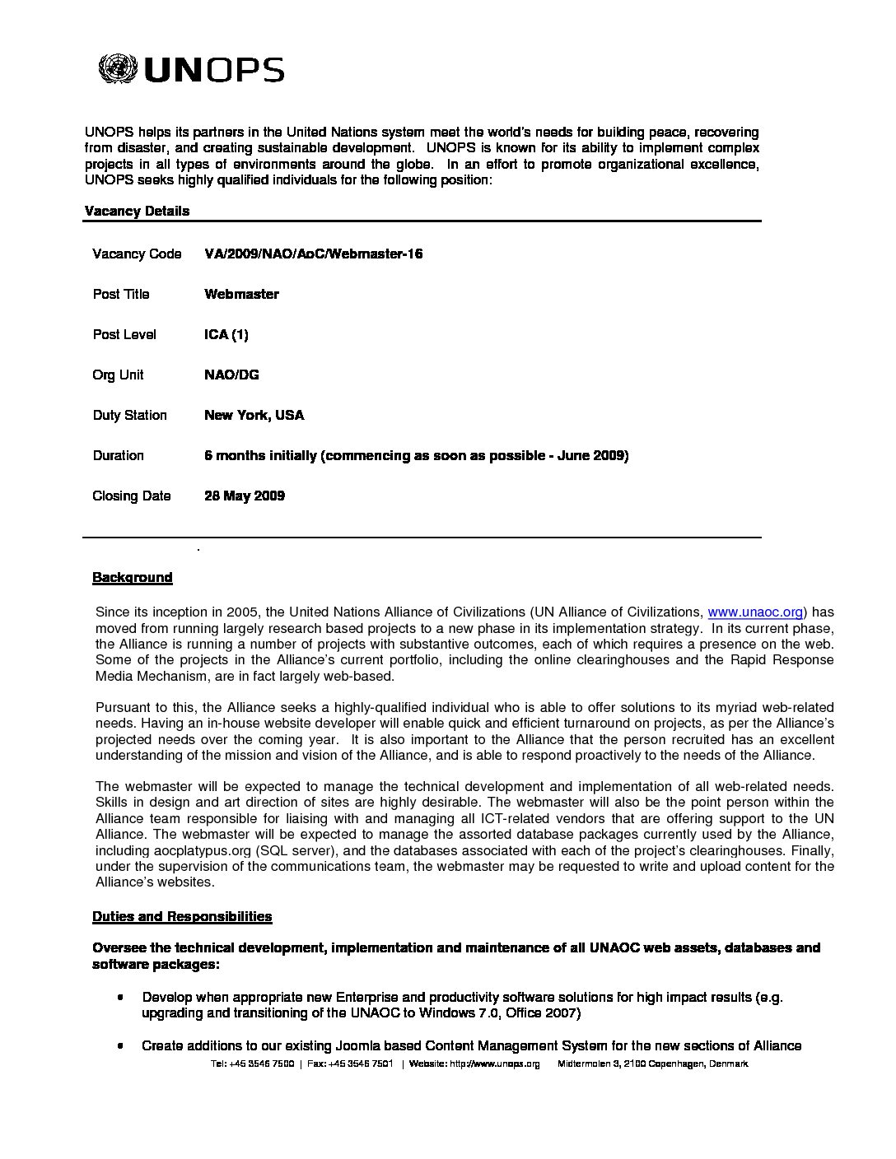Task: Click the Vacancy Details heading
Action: tap(137, 212)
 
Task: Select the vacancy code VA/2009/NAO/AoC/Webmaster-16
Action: tap(313, 254)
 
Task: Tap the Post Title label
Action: tap(121, 295)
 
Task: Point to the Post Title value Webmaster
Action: tap(241, 295)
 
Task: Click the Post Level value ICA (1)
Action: tap(226, 335)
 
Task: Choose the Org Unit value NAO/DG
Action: tap(231, 375)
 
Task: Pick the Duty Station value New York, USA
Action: tap(254, 416)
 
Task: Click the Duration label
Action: tap(118, 456)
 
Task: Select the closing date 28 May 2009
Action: tap(245, 496)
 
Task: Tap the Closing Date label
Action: tap(132, 496)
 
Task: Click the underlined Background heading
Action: tap(133, 578)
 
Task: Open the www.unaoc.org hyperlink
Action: tap(755, 612)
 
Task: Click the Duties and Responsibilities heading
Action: tap(182, 917)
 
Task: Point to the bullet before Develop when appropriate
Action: tap(121, 998)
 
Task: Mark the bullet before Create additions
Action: tap(121, 1046)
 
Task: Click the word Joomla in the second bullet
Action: tap(356, 1046)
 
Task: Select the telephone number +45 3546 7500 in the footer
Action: tap(262, 1064)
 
